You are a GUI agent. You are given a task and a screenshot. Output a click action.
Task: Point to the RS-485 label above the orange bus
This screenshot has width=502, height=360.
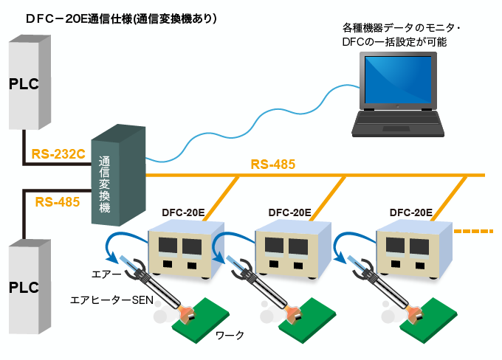tap(272, 164)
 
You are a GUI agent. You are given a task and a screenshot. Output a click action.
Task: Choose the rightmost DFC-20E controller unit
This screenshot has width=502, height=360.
tap(410, 251)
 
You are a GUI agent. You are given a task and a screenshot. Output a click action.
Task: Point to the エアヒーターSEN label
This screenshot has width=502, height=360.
tap(110, 300)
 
